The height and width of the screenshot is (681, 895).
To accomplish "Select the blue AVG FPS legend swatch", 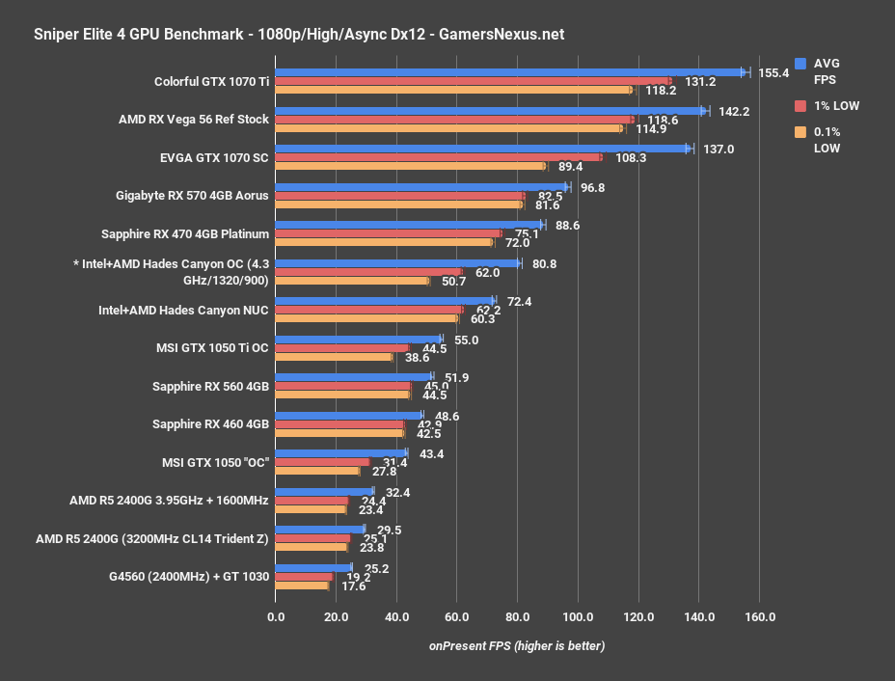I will click(800, 64).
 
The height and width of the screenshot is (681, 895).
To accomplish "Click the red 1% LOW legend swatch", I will click(800, 105).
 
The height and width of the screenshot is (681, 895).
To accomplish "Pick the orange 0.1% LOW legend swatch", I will click(800, 132).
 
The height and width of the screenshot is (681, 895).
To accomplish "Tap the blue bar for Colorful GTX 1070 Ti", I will click(509, 72).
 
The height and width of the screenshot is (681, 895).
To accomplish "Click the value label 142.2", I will click(734, 111).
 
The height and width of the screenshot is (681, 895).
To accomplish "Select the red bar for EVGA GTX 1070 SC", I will click(438, 157).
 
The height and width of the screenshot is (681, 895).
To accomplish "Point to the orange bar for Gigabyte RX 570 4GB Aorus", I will click(398, 204).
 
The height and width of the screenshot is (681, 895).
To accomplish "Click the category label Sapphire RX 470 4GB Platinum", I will click(184, 233).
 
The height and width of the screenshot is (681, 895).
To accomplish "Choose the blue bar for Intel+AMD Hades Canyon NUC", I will click(385, 301).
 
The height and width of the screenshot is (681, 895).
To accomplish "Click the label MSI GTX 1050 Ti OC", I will click(212, 347).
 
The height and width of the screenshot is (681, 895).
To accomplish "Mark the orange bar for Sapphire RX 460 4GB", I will click(339, 433).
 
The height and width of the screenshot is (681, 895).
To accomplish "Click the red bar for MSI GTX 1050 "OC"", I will click(322, 462).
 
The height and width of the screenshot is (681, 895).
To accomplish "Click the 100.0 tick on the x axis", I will click(578, 616).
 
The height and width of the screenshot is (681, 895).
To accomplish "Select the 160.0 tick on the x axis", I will click(759, 616).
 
